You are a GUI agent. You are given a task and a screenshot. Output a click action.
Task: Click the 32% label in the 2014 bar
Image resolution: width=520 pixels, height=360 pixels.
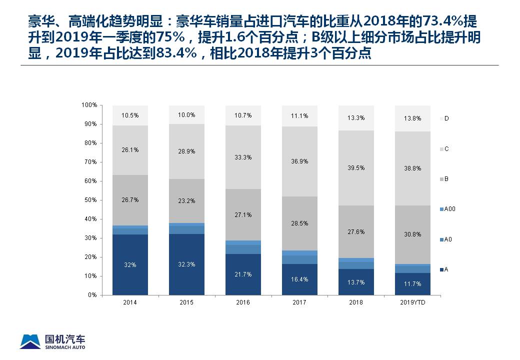click(130, 265)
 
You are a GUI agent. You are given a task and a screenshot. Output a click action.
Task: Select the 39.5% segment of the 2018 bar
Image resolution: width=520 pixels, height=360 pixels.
click(356, 168)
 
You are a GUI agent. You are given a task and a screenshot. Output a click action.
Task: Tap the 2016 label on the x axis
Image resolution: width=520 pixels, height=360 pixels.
click(243, 302)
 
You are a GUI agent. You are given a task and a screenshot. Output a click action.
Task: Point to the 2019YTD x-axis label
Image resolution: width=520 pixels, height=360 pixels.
click(412, 302)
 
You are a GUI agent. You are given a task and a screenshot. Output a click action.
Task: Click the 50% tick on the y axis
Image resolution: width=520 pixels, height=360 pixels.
click(89, 200)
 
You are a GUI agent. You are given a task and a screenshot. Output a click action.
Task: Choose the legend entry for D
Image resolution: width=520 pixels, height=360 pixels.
click(444, 118)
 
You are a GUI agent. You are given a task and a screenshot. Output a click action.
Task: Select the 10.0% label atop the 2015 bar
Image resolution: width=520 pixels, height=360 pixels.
click(186, 115)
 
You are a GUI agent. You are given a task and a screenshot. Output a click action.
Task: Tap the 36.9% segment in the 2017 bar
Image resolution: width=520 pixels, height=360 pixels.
click(299, 161)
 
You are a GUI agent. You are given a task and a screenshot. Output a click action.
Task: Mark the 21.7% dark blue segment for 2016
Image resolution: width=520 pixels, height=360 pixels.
click(243, 274)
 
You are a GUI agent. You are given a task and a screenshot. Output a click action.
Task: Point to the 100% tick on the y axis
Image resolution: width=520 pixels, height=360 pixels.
click(88, 105)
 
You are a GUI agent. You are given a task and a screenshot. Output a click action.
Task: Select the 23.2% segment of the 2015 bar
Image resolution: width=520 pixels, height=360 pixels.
click(186, 201)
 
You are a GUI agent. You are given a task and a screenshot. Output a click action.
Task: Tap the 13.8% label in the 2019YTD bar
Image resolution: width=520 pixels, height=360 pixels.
click(412, 118)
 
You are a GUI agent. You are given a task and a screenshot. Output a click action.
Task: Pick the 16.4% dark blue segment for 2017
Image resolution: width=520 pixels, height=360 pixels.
click(299, 279)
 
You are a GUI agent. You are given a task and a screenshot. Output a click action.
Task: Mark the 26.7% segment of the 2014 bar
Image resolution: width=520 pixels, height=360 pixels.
click(130, 200)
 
